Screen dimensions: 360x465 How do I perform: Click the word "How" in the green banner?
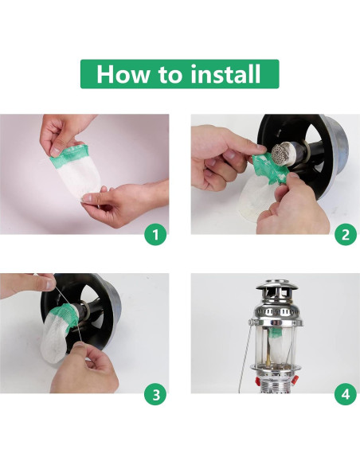tap(123, 74)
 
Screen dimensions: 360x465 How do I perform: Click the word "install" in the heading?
tap(225, 74)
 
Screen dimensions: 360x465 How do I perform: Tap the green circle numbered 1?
tap(155, 235)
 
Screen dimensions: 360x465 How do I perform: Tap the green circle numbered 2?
tap(346, 235)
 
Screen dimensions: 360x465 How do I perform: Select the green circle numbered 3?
tap(155, 394)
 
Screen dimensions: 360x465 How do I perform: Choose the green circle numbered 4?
tap(346, 394)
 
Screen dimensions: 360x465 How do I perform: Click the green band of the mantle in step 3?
tap(65, 317)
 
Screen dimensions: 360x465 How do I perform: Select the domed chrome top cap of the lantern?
tap(276, 286)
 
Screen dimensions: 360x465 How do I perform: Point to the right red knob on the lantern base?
tap(295, 379)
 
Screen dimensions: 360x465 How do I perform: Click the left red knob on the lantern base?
tap(258, 381)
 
